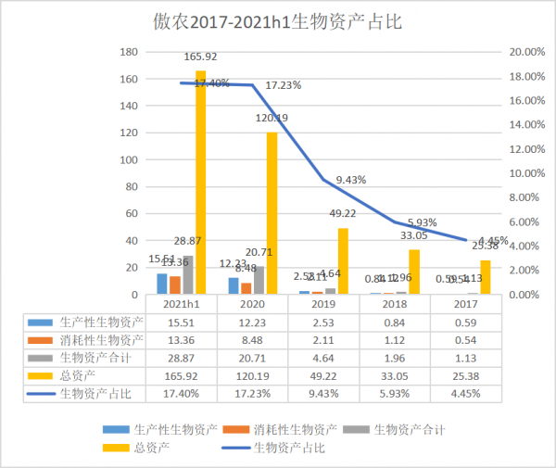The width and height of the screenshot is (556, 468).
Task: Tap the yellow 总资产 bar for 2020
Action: click(x=272, y=213)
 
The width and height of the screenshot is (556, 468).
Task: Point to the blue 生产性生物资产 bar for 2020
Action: click(x=234, y=285)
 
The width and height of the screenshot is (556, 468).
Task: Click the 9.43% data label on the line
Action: click(x=351, y=179)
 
